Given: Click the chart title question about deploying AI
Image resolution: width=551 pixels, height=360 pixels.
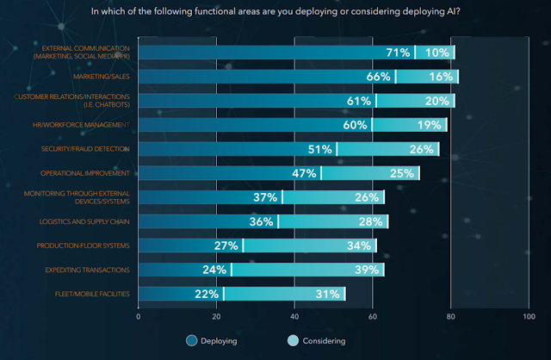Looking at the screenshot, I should tap(275, 12).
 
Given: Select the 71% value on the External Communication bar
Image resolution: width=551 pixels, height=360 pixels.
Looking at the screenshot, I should tap(398, 53).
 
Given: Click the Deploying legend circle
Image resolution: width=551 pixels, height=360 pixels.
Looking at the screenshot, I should tap(191, 340).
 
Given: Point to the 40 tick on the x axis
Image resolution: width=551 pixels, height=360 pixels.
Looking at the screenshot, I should tap(294, 315).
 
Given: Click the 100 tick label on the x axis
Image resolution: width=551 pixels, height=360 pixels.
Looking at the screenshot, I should tap(527, 315).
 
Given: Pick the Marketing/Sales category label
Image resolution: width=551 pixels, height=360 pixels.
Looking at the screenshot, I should tap(99, 77).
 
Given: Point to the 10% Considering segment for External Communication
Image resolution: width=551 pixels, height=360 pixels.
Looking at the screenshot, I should tap(437, 53).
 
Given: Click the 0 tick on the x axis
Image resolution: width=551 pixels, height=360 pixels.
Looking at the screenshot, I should tap(139, 315).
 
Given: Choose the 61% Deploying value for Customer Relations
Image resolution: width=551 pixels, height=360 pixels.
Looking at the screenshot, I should tap(358, 101).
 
